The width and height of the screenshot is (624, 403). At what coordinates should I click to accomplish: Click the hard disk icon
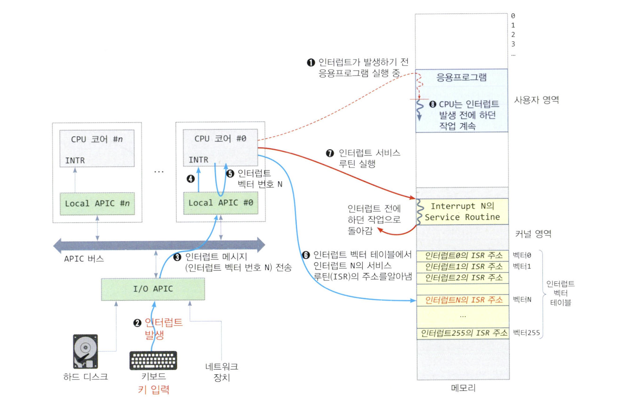point(85,351)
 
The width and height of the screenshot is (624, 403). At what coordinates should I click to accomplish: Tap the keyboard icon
point(153,360)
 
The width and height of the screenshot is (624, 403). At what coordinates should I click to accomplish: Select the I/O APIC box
point(153,289)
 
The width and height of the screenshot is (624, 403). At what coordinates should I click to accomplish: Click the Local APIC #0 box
point(220,203)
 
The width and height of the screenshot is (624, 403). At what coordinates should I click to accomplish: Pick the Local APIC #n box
point(97,204)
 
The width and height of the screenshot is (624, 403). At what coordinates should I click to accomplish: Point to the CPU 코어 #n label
point(97,139)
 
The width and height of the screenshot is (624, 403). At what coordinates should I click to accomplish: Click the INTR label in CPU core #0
point(198,160)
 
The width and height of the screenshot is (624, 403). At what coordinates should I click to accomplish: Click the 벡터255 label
point(526,333)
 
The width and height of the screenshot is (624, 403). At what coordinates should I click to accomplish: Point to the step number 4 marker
point(191,179)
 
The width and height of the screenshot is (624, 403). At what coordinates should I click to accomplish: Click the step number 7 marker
point(330,153)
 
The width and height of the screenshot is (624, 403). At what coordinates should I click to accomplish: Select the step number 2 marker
point(137,323)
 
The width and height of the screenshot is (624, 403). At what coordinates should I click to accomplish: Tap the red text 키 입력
point(153,390)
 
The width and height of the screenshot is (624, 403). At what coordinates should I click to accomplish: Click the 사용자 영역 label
point(536,100)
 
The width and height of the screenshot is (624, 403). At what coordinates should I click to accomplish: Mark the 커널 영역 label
point(533,234)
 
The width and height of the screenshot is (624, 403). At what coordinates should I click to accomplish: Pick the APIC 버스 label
point(84,259)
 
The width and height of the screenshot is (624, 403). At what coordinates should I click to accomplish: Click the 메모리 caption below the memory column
point(463,388)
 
